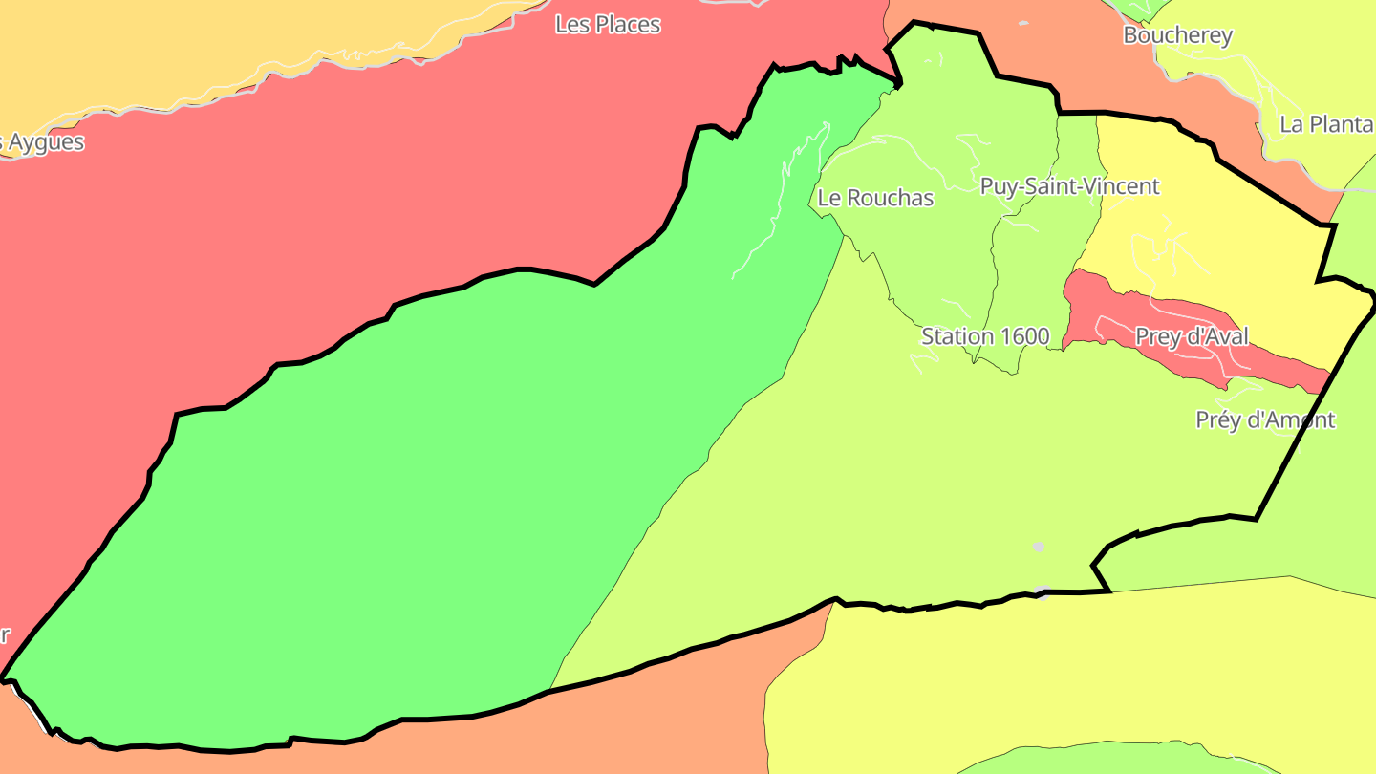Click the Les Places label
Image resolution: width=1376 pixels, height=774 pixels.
click(x=608, y=25)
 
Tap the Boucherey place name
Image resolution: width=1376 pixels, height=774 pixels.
click(x=1177, y=35)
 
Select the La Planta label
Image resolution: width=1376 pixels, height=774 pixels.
click(x=1326, y=124)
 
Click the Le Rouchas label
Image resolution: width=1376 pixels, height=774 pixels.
click(x=875, y=198)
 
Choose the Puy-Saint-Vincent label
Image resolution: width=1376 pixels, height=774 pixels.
click(x=1069, y=186)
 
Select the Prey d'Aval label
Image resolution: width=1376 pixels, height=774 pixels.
click(x=1192, y=336)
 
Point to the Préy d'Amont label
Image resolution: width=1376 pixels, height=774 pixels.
click(x=1265, y=419)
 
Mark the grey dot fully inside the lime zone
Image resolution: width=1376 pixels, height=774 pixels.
click(x=1039, y=547)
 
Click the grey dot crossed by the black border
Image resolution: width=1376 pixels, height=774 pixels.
click(x=1043, y=591)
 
